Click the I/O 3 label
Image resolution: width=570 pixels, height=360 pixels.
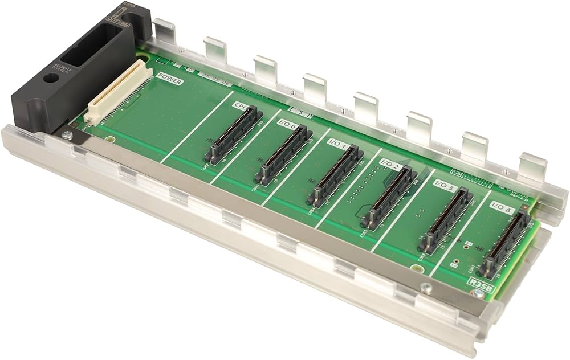click(445, 185)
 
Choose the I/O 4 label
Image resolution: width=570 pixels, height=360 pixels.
click(501, 210)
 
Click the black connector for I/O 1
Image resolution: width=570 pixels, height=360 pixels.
click(334, 174)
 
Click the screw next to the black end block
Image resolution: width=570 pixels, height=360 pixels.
click(68, 134)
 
